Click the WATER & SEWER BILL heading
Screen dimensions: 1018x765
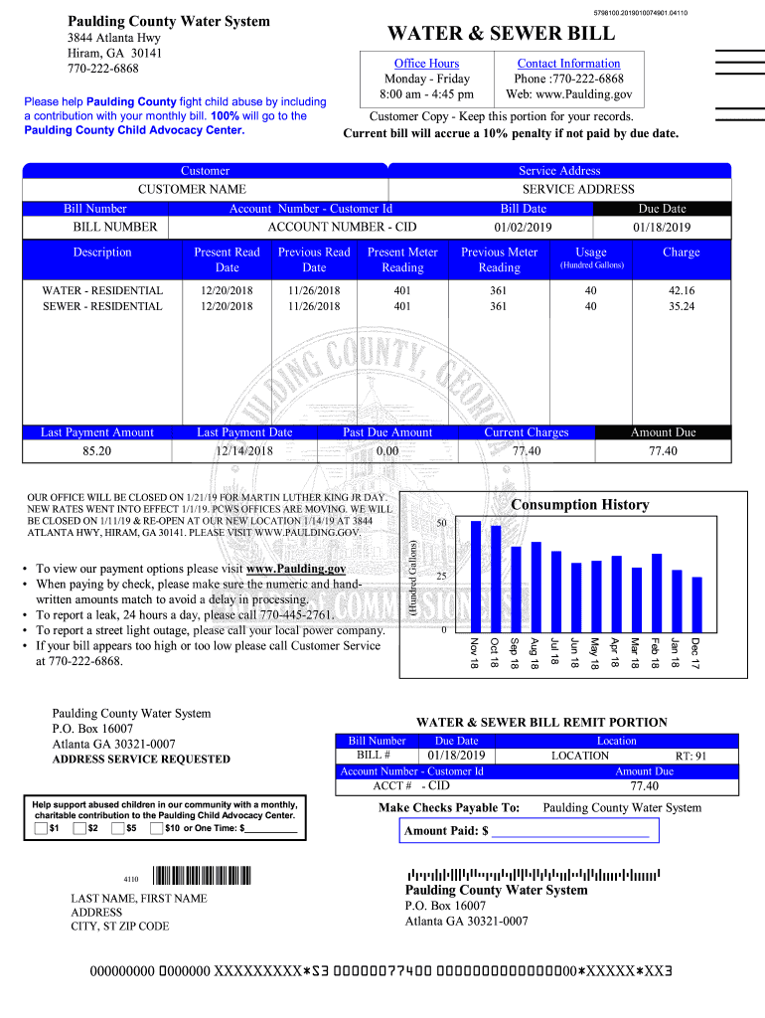click(501, 34)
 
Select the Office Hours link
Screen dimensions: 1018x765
click(426, 63)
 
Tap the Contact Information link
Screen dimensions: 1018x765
click(568, 63)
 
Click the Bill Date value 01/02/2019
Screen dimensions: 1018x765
click(523, 227)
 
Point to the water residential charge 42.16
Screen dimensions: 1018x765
click(682, 290)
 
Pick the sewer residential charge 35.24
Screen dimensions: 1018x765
click(682, 306)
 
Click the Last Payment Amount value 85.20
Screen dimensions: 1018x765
click(97, 451)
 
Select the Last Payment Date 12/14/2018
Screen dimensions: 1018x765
click(244, 451)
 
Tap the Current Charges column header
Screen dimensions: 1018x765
click(527, 432)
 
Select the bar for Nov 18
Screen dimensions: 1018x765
click(475, 576)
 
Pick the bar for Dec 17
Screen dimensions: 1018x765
click(696, 603)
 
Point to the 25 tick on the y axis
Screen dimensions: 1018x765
click(441, 577)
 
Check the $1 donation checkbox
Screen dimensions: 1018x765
click(41, 828)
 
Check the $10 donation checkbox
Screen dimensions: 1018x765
click(157, 828)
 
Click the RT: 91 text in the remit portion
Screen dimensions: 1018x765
click(690, 756)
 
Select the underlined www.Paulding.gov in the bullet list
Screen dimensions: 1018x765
click(296, 569)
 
